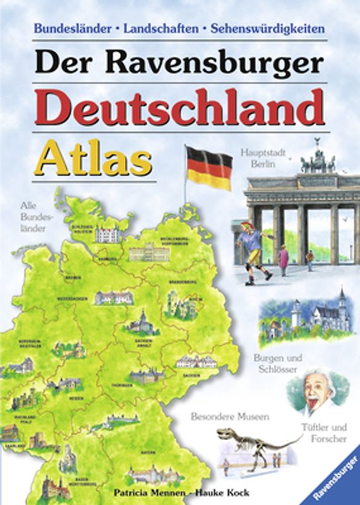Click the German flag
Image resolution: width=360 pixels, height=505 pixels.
208,168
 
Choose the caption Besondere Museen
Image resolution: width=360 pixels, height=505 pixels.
231,417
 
